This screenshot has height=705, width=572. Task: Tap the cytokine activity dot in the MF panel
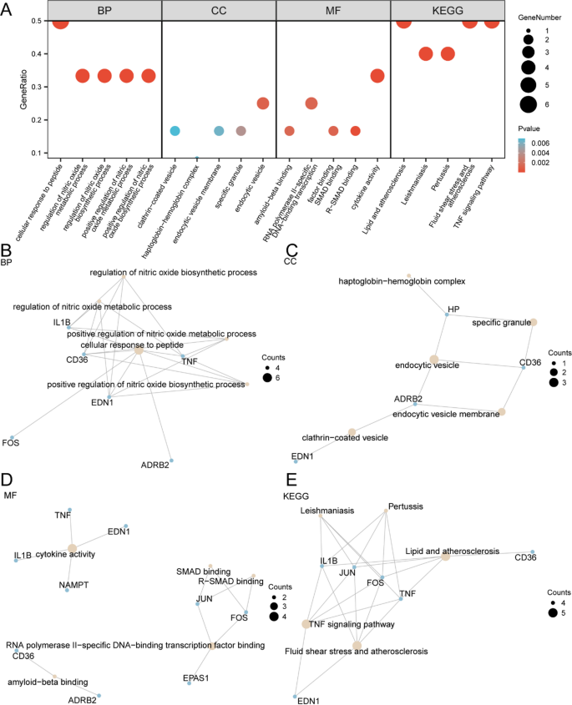coord(377,76)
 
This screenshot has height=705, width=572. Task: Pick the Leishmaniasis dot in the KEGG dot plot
coord(425,54)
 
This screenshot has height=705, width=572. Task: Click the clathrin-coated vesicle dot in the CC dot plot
coord(175,131)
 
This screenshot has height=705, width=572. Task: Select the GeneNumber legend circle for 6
coord(527,104)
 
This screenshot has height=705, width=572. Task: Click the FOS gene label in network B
coord(11,441)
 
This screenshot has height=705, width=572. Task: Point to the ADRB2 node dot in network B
coord(171,461)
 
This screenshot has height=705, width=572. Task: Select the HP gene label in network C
coord(453,309)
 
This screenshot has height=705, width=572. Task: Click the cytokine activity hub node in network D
coord(72,547)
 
